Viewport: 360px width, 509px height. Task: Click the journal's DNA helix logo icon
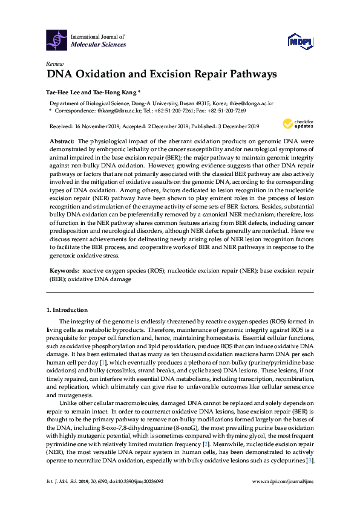click(x=57, y=41)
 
